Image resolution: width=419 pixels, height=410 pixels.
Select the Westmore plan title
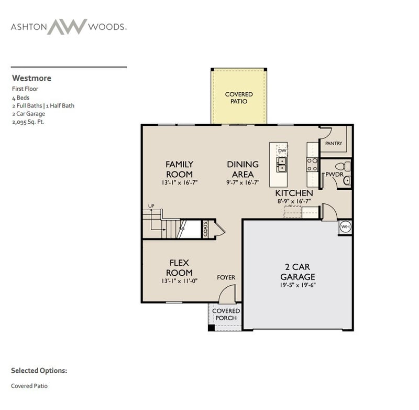(x=31, y=78)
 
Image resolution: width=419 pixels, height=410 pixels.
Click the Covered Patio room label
(x=239, y=98)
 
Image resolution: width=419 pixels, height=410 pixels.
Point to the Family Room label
(x=179, y=169)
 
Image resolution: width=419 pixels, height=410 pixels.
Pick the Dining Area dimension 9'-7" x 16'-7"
(x=242, y=183)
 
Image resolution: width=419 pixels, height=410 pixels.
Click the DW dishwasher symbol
(x=282, y=150)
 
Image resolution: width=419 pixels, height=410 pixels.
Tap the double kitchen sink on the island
(x=282, y=165)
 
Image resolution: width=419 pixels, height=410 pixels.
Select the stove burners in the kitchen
(x=312, y=165)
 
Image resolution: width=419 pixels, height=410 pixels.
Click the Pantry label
(x=333, y=143)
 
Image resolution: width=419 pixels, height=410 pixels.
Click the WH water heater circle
(x=345, y=227)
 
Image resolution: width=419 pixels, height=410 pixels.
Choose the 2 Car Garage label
(x=297, y=272)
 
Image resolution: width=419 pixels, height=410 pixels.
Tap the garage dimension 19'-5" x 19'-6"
(x=297, y=285)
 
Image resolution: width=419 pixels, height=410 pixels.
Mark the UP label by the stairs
(x=151, y=206)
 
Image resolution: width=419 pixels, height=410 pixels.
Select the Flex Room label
(x=179, y=267)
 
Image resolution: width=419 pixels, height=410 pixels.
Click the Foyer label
(x=226, y=277)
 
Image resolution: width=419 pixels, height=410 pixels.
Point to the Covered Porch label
(x=226, y=315)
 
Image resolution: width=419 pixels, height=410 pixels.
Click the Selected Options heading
(x=39, y=371)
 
